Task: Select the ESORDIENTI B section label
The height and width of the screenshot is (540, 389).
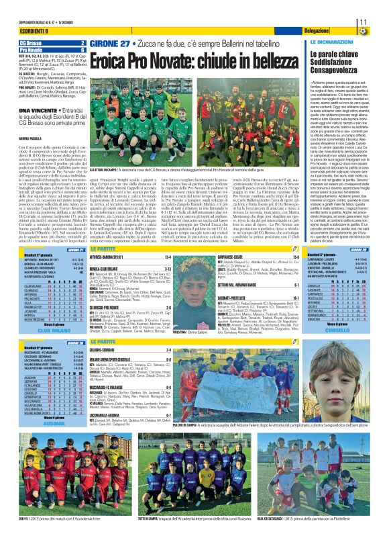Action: tap(19, 32)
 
